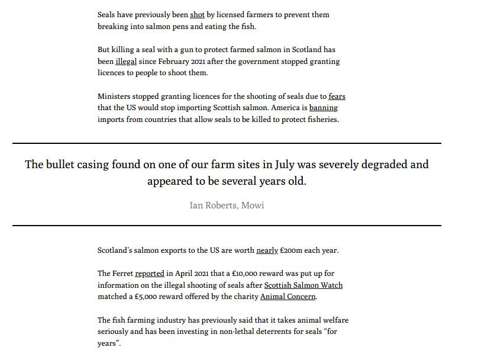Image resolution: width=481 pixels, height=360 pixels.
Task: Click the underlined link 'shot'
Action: (x=197, y=15)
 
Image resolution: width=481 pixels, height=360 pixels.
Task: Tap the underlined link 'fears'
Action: (x=337, y=97)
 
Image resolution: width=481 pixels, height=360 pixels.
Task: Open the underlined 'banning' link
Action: (x=323, y=108)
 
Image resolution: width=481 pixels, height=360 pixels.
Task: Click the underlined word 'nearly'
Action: (x=267, y=250)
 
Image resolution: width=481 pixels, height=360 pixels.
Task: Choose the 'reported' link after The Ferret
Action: (x=149, y=274)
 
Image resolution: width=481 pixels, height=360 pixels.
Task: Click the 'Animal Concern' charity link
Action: (x=288, y=297)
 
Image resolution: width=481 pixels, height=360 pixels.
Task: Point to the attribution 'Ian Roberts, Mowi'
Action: (x=227, y=205)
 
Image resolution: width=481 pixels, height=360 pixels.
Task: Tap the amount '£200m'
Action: (x=290, y=250)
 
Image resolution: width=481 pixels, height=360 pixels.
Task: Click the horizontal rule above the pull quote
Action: (x=227, y=143)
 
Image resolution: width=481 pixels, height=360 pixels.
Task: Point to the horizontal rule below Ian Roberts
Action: (x=227, y=226)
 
